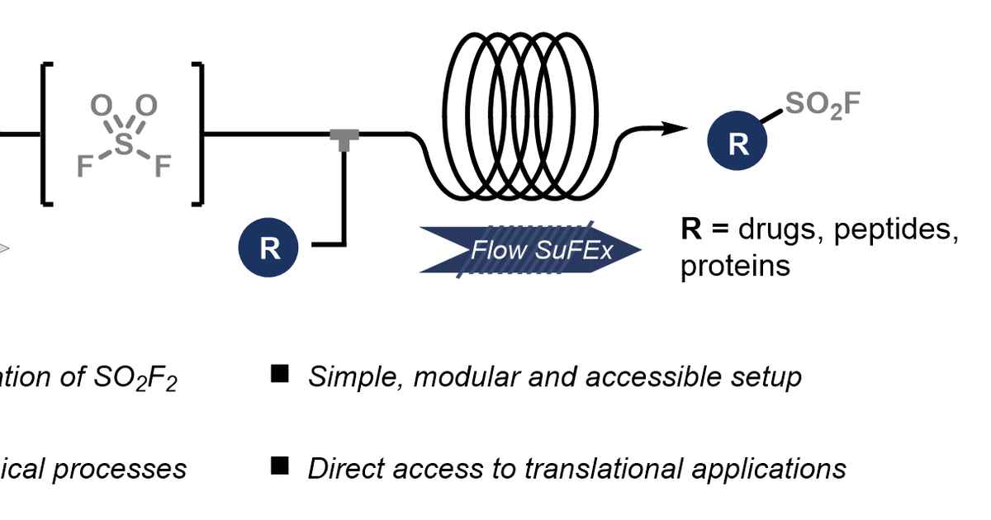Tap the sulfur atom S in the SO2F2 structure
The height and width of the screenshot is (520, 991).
click(123, 144)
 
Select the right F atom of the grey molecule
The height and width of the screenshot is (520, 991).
click(162, 168)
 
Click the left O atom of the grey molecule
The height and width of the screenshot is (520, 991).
click(99, 106)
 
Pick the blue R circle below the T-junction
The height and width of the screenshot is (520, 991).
click(269, 248)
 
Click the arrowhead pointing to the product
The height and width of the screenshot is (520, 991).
click(676, 128)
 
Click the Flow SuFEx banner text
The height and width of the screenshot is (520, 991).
click(542, 249)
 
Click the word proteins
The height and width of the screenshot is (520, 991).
click(735, 267)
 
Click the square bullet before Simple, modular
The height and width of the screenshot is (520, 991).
click(280, 375)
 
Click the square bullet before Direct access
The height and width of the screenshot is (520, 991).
click(280, 467)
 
